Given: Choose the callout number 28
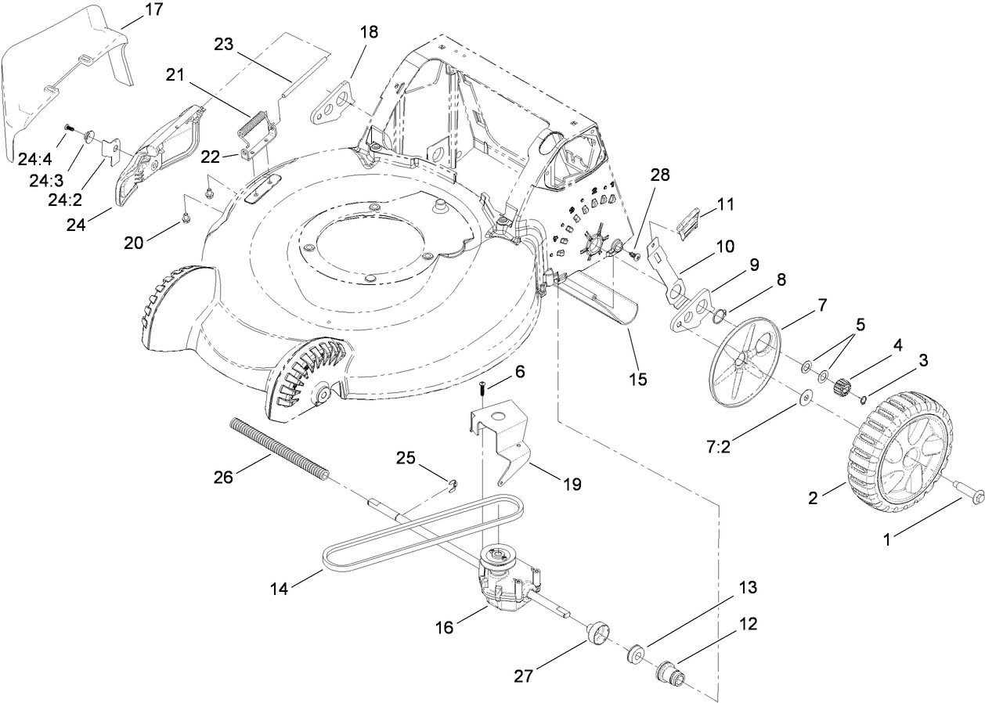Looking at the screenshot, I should coord(660,175).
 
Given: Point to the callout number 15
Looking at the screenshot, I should coord(637,380).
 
